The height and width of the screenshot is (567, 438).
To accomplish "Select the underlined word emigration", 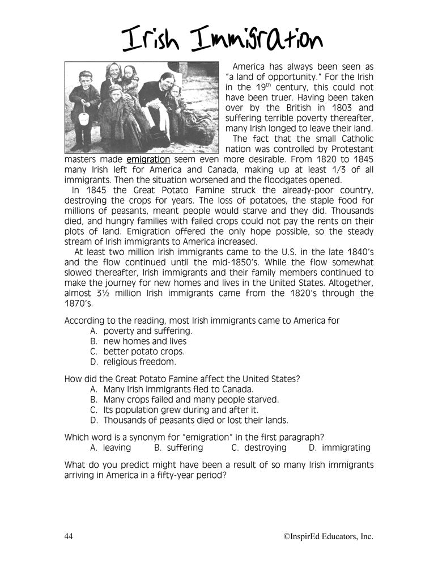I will tap(148, 160).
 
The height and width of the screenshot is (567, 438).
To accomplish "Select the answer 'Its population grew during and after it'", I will tap(181, 409).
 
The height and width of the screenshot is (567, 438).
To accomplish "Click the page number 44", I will tap(70, 536).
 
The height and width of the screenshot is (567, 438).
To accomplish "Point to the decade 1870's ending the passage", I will tap(79, 303).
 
